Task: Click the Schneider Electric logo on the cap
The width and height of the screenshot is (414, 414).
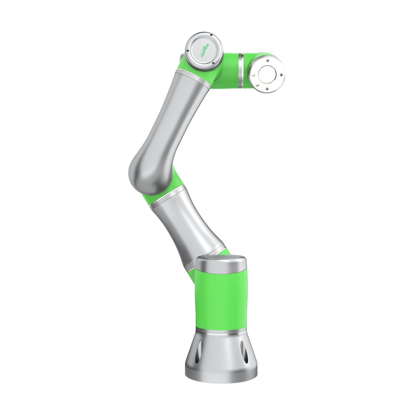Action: [205, 51]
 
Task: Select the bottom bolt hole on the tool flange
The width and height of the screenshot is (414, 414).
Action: [267, 88]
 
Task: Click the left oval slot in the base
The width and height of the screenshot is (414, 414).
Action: [197, 355]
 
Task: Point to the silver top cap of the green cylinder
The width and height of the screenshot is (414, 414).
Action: [221, 262]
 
